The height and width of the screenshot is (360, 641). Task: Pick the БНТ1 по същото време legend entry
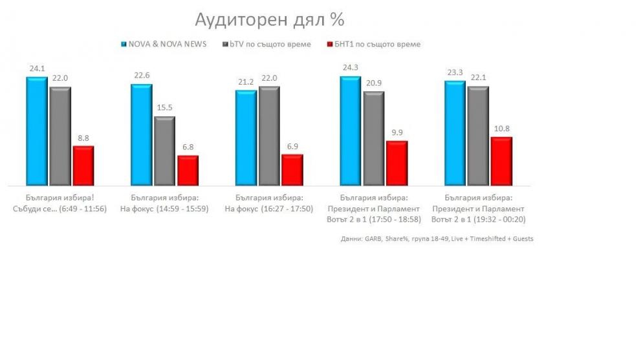[374, 45]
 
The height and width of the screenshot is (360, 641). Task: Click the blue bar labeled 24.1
[36, 131]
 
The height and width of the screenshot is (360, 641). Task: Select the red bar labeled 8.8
[83, 166]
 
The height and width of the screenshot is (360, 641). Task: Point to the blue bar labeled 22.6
[141, 135]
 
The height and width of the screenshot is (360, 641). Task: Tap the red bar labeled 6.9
[292, 170]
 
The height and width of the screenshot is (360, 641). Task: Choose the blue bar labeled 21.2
[246, 138]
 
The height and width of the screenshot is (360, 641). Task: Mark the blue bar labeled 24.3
[351, 131]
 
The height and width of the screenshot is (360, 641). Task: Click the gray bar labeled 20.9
[374, 138]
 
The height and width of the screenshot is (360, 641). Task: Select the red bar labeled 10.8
[501, 162]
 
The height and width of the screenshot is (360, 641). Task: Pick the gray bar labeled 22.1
[478, 136]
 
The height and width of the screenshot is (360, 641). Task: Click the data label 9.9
[397, 133]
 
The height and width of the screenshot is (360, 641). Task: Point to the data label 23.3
[454, 73]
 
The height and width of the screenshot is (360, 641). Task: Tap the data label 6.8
[188, 147]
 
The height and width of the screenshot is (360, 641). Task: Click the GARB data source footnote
[437, 238]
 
